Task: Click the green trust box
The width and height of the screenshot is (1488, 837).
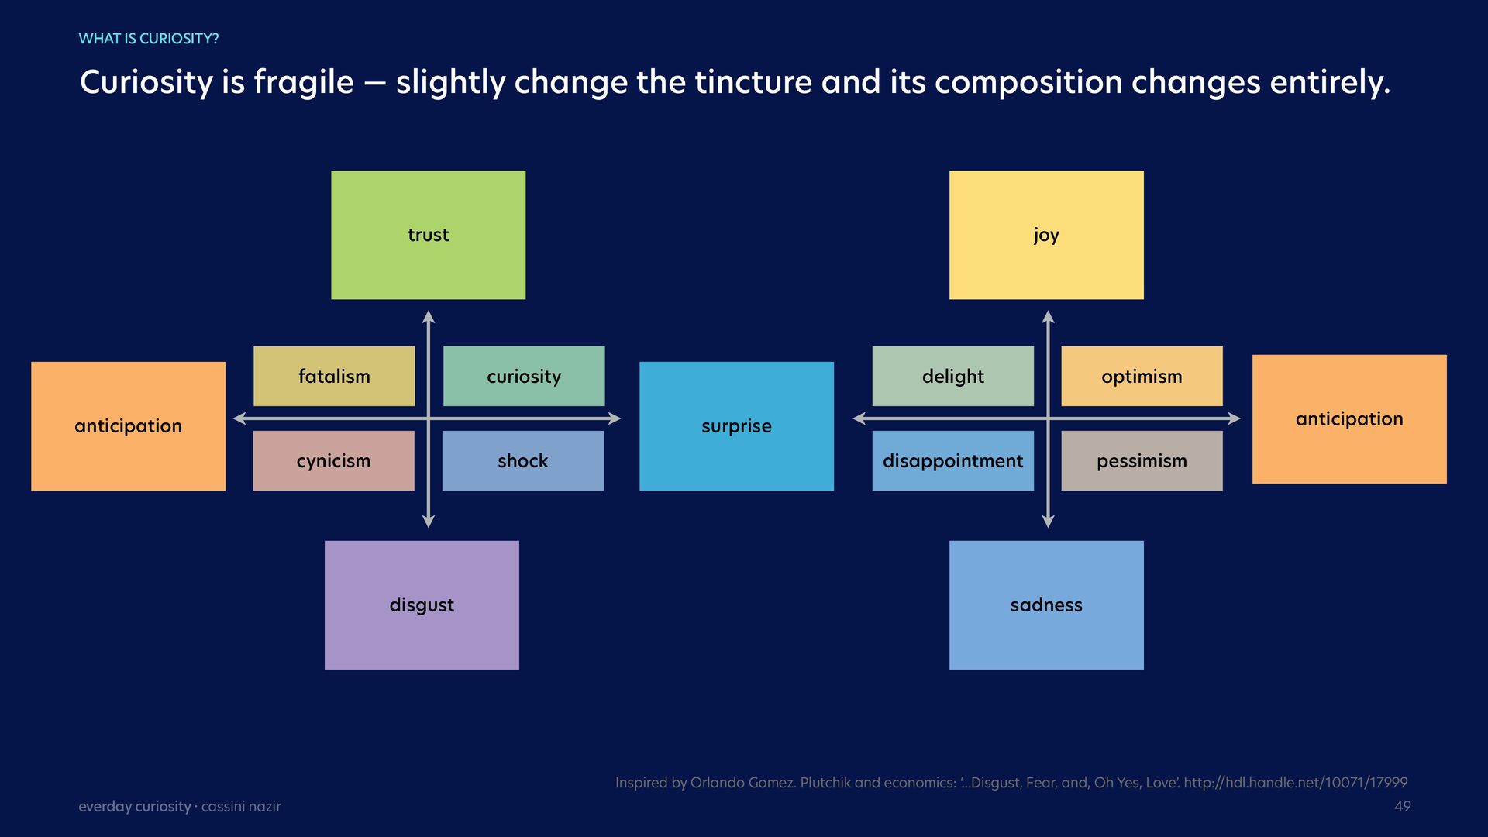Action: pos(428,235)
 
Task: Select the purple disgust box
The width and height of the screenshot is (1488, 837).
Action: pos(422,604)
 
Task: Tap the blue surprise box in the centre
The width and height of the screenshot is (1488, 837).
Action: pos(736,425)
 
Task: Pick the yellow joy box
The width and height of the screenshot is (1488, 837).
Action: pos(1046,235)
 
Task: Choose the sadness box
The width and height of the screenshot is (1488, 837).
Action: pos(1046,604)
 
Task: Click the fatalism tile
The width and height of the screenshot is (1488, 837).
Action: pos(334,376)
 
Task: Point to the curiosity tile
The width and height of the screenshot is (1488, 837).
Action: pos(524,376)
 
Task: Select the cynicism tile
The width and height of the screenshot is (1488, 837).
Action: pos(333,460)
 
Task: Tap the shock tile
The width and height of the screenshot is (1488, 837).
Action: pos(523,460)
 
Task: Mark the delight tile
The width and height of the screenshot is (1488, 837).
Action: pos(952,376)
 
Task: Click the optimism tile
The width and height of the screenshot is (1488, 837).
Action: pos(1142,376)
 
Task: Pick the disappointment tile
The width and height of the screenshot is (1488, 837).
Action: pos(952,460)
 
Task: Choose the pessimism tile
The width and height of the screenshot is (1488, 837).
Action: pos(1142,460)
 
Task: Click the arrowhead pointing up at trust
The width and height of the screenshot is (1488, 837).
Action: pos(429,316)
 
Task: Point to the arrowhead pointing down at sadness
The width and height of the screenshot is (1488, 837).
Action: pos(1049,522)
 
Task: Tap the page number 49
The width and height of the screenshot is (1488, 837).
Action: pos(1402,806)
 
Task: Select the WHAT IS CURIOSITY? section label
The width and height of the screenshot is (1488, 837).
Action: pos(149,39)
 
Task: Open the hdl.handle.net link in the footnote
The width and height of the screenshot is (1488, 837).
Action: pos(1295,783)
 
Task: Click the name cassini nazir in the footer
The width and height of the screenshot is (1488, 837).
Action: pos(241,807)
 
